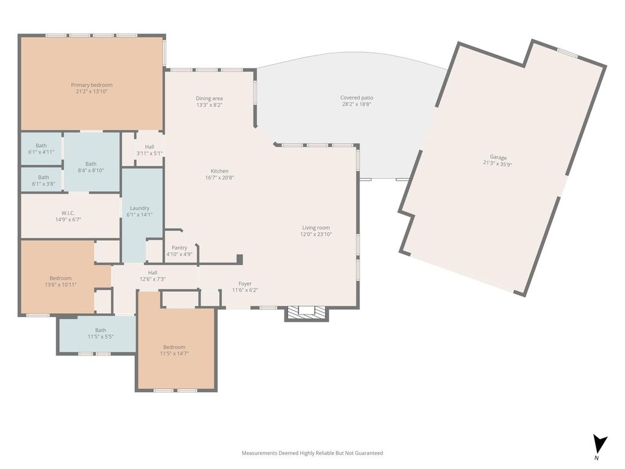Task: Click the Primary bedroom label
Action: (92, 85)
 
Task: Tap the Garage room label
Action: (498, 157)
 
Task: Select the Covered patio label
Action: (356, 98)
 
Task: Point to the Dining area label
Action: (209, 98)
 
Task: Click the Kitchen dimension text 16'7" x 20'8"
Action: (220, 178)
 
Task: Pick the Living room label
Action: (316, 228)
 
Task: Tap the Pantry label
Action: (179, 248)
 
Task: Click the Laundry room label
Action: (140, 208)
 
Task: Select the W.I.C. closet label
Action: (68, 213)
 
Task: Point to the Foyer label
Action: (245, 284)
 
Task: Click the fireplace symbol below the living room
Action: (307, 313)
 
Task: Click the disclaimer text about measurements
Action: (312, 453)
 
